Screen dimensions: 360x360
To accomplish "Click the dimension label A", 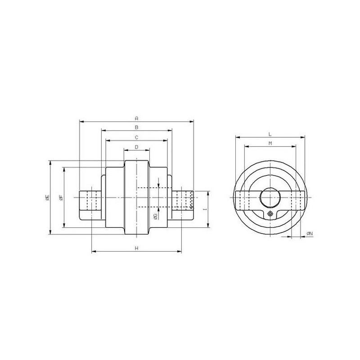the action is pos(137,118).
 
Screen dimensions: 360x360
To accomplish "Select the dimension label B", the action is pos(137,127).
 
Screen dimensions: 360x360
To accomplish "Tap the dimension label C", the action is pos(137,138).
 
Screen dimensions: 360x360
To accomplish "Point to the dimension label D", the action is pos(137,147).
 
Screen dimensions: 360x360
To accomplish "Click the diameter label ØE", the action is pos(47,198).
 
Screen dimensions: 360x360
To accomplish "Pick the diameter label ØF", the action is pos(61,198).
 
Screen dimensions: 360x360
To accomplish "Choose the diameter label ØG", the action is pos(155,216).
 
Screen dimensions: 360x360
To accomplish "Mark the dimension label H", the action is pos(137,248).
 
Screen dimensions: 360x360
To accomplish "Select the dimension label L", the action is pos(270,134).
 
